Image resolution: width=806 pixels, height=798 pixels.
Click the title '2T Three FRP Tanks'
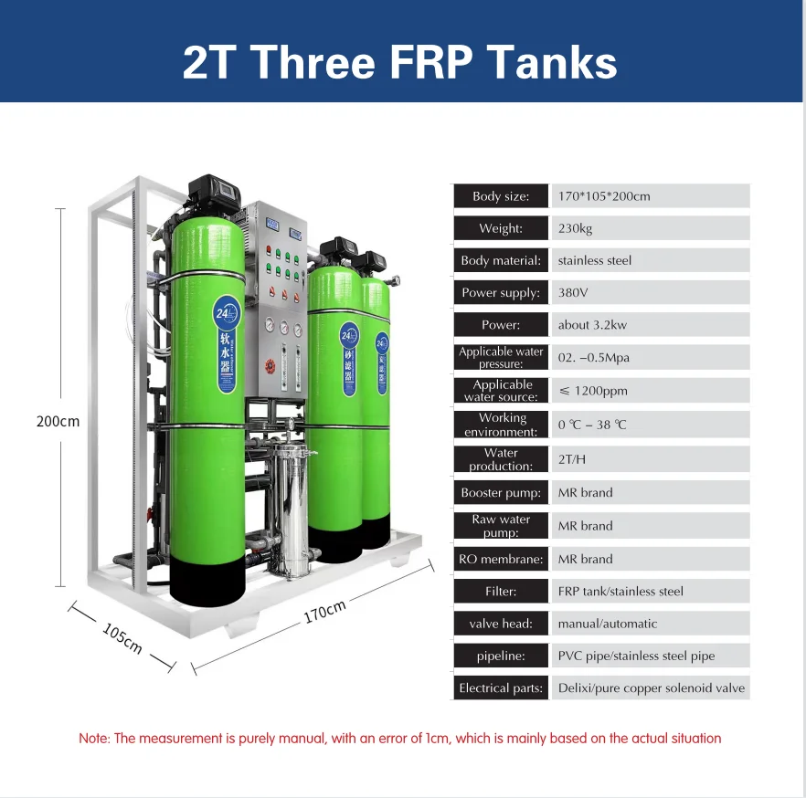(x=400, y=62)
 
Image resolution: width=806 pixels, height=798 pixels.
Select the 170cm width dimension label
(x=324, y=613)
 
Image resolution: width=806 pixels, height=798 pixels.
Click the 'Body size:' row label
(x=501, y=196)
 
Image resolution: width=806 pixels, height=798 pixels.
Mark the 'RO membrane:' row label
(x=501, y=559)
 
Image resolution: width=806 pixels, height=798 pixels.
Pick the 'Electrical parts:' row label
(x=501, y=688)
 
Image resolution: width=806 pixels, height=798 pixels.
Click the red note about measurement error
(x=400, y=739)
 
